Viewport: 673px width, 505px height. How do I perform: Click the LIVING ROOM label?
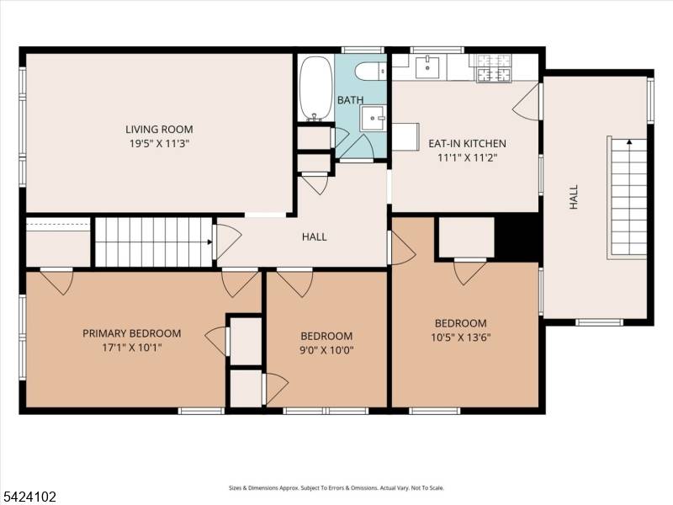159,129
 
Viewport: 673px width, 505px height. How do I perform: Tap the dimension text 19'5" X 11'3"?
159,143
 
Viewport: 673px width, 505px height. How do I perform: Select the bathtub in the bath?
315,88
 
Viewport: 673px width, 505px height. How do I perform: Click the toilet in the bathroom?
369,71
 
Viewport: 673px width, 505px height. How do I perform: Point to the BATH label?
350,100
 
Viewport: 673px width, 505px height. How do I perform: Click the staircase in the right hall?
628,197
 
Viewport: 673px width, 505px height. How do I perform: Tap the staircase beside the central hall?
152,242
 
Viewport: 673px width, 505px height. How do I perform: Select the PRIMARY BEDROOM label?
131,333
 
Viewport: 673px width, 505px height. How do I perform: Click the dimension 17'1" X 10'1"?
131,347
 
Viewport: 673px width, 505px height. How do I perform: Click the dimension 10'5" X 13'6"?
461,338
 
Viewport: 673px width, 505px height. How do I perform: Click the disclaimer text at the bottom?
336,488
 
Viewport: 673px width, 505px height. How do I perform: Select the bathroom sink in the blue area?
372,119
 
